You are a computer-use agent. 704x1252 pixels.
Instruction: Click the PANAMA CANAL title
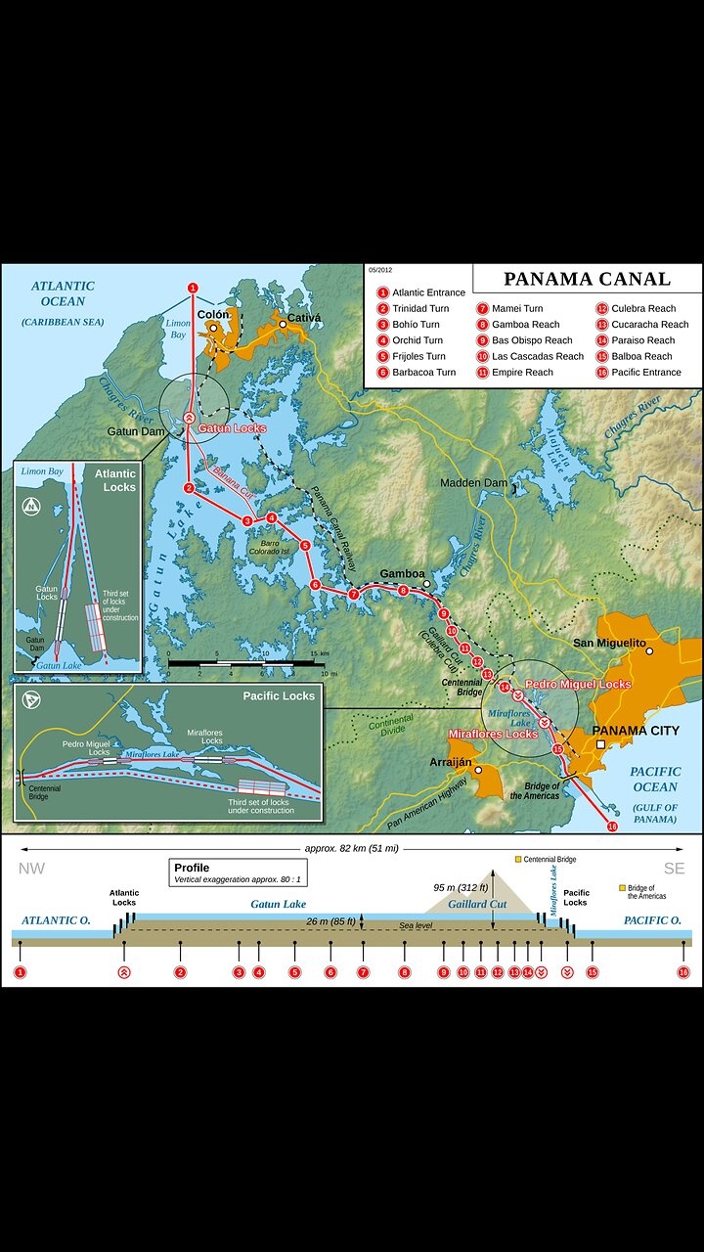pos(587,279)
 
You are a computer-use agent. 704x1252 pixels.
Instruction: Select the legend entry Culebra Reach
pos(642,308)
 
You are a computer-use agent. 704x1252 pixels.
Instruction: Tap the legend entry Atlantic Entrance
pos(428,292)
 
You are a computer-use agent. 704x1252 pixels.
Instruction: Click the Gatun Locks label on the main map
pos(233,428)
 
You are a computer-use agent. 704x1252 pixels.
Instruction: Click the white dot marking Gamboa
pos(427,584)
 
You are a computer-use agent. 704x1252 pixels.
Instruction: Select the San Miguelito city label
pos(609,643)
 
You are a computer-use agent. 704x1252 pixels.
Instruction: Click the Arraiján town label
pos(451,761)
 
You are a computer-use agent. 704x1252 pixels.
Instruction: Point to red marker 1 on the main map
pos(193,288)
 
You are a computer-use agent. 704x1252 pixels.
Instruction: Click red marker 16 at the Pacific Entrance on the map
pos(613,827)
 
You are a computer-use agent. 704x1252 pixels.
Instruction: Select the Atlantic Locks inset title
pos(115,479)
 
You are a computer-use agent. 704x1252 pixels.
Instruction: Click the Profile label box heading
pos(192,868)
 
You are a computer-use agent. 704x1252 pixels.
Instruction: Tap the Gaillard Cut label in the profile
pos(476,905)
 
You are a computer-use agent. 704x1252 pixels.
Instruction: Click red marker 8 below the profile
pos(404,972)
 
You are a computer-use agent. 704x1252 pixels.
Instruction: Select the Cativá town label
pos(304,319)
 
